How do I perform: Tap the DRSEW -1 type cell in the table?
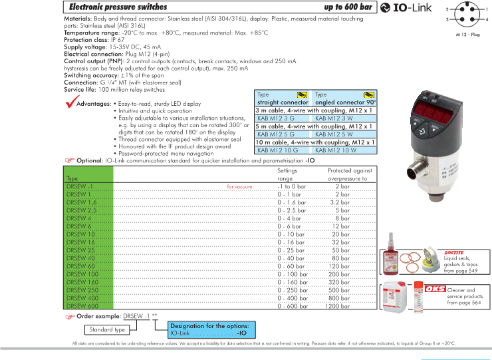click(x=79, y=187)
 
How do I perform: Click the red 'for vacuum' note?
click(x=240, y=187)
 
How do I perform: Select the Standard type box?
click(x=107, y=329)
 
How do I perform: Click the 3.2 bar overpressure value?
click(x=340, y=202)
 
